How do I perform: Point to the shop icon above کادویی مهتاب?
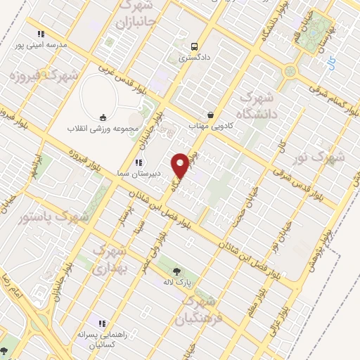point(210,115)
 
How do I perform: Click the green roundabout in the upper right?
point(290,71)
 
